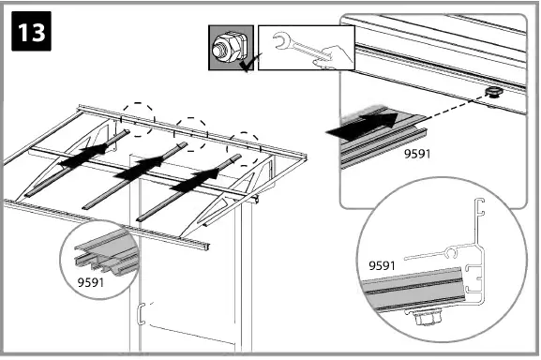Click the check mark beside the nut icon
[x=246, y=65]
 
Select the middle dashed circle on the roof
[x=192, y=132]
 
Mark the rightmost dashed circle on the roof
[x=246, y=146]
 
